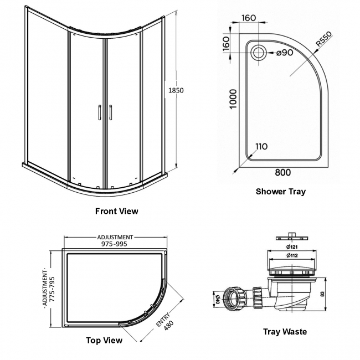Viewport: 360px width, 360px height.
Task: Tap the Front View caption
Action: (x=117, y=211)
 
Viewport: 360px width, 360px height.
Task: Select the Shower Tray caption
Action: (x=280, y=192)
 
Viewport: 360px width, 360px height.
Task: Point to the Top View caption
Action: (x=104, y=340)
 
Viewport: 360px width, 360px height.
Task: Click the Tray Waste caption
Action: (x=285, y=332)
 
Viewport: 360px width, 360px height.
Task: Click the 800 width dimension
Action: (x=283, y=172)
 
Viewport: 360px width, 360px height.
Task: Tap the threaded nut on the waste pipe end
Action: (x=236, y=298)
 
